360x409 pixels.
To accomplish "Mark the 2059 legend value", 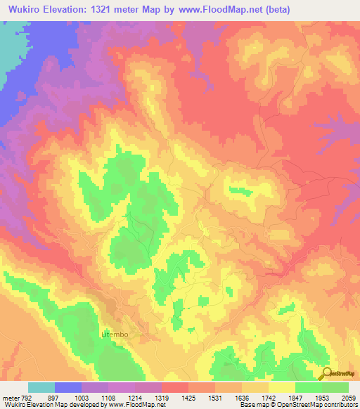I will (349, 397).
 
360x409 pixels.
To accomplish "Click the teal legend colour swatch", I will (41, 387).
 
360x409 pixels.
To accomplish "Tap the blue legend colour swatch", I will (67, 387).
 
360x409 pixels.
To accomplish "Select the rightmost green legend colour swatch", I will (335, 387).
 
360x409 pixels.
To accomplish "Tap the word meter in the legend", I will (11, 397).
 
